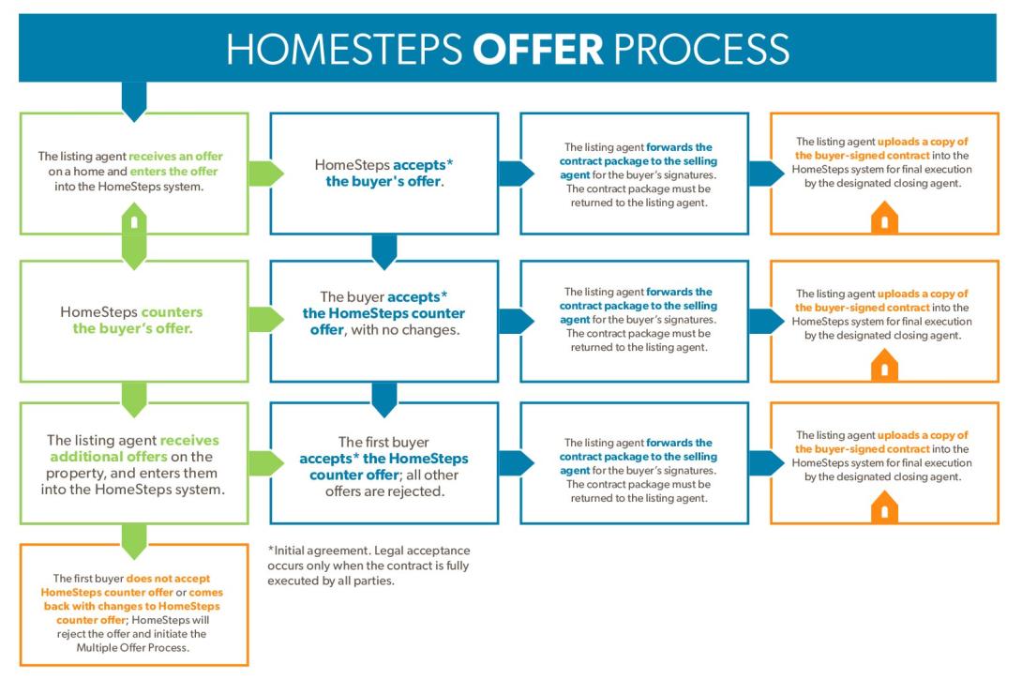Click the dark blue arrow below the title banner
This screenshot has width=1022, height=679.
click(x=134, y=100)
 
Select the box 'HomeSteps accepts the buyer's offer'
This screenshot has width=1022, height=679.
click(x=384, y=173)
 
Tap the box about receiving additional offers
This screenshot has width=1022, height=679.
click(x=134, y=462)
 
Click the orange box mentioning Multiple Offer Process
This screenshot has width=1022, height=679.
click(x=134, y=606)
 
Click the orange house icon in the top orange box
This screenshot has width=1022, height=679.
click(x=884, y=221)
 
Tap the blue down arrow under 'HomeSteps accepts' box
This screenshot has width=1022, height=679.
click(x=384, y=250)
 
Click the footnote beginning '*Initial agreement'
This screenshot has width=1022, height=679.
click(x=368, y=566)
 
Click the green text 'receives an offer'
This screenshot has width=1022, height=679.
click(x=176, y=157)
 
